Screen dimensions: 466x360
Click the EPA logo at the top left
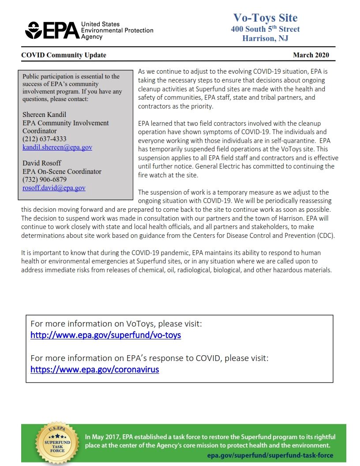tap(53, 30)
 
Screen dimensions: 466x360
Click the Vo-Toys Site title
tap(265, 18)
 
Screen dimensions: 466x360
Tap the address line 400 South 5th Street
tap(265, 29)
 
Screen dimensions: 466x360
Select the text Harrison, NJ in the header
tap(265, 38)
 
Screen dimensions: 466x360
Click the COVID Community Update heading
tap(64, 55)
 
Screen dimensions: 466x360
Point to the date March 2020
tap(311, 55)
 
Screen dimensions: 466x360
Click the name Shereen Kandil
tap(44, 115)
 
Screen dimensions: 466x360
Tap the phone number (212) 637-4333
tap(44, 139)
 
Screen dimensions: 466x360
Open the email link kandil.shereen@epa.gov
tap(57, 147)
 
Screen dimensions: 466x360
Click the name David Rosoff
tap(42, 163)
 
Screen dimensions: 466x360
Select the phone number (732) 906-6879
tap(44, 180)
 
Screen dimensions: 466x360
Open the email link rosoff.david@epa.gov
tap(54, 188)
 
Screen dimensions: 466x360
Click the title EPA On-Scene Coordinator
tap(62, 172)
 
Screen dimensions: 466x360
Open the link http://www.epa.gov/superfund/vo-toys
tap(105, 335)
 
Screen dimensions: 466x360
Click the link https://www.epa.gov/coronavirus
tap(94, 369)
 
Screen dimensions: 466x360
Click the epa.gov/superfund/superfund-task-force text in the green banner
tap(270, 455)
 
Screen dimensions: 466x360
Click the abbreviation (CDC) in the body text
tap(326, 235)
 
